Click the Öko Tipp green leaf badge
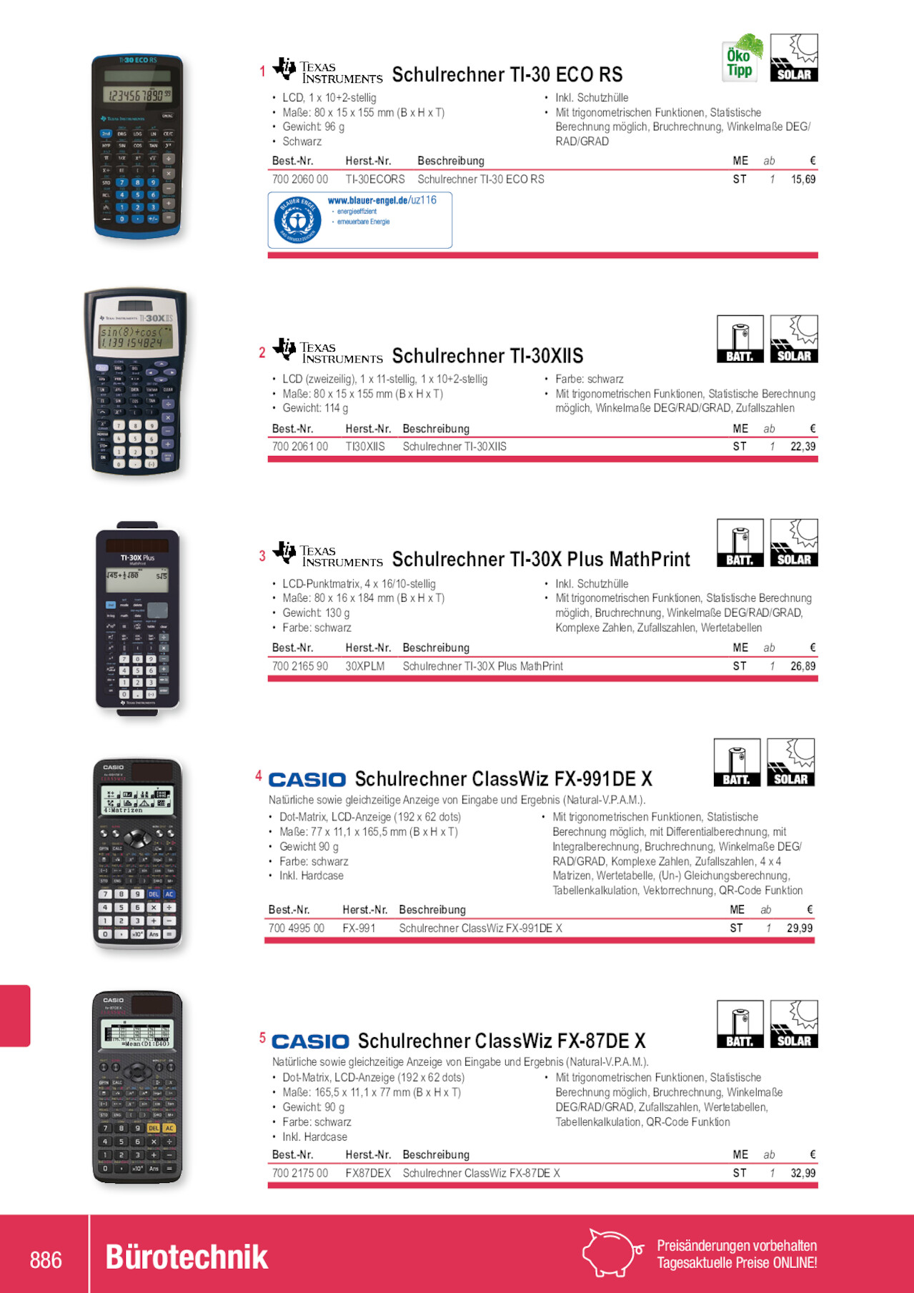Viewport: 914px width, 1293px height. tap(741, 57)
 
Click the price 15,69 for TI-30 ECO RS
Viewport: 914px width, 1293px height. tap(803, 179)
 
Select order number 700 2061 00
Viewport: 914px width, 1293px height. tap(300, 447)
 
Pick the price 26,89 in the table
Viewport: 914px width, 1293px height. tap(803, 666)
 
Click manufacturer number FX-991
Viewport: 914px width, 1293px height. tap(359, 928)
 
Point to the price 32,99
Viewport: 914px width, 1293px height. tap(803, 1174)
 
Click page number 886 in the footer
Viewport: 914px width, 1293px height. tap(46, 1259)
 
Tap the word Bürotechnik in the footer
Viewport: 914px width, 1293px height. tap(187, 1258)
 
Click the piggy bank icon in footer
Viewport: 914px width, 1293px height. tap(612, 1253)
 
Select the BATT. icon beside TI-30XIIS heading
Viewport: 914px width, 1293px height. tap(740, 339)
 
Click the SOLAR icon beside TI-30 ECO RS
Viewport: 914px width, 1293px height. tap(794, 57)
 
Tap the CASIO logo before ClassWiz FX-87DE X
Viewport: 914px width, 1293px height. tap(310, 1041)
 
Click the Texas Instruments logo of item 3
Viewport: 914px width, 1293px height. tap(328, 555)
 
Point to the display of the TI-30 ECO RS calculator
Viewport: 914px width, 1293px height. tap(137, 94)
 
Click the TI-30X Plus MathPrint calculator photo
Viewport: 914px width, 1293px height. tap(137, 619)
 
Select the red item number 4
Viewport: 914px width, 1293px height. tap(259, 776)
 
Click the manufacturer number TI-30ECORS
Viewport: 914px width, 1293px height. tap(375, 179)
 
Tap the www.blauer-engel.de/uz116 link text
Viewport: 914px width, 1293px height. tap(382, 200)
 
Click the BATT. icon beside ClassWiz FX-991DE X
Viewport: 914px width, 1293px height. tap(737, 763)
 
